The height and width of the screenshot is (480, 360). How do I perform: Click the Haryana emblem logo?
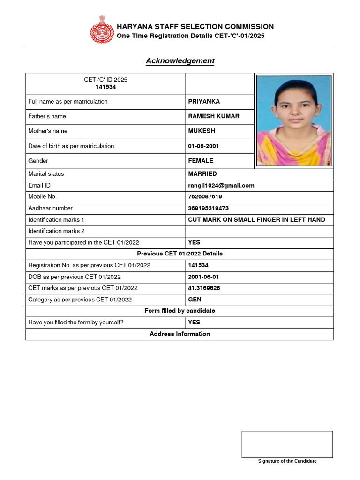pyautogui.click(x=102, y=30)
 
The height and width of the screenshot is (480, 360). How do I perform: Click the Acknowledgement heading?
pyautogui.click(x=180, y=61)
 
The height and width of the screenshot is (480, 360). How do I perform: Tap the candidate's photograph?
pyautogui.click(x=294, y=120)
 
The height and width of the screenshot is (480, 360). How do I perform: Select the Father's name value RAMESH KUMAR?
pyautogui.click(x=214, y=116)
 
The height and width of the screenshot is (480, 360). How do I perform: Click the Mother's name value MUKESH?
pyautogui.click(x=202, y=131)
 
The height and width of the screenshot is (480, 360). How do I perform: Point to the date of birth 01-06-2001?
pyautogui.click(x=203, y=146)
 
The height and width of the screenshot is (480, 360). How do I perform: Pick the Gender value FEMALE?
pyautogui.click(x=201, y=161)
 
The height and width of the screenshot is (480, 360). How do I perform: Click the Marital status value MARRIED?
pyautogui.click(x=202, y=174)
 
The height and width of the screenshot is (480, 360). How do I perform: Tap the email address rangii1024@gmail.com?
pyautogui.click(x=221, y=186)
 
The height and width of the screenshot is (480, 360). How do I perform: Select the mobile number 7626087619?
pyautogui.click(x=205, y=197)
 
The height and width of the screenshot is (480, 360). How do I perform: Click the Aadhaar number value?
pyautogui.click(x=209, y=208)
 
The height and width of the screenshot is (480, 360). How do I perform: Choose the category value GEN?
pyautogui.click(x=195, y=300)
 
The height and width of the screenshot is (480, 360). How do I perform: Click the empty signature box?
pyautogui.click(x=287, y=444)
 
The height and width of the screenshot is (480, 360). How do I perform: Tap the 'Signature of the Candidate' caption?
pyautogui.click(x=287, y=461)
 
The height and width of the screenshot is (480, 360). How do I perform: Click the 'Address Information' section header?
pyautogui.click(x=180, y=334)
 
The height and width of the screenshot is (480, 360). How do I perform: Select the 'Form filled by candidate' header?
pyautogui.click(x=180, y=311)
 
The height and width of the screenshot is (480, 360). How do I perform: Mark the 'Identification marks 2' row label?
pyautogui.click(x=56, y=231)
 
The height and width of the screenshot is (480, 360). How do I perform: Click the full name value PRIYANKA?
pyautogui.click(x=204, y=102)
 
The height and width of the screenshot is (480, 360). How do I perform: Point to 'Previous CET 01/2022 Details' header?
pyautogui.click(x=180, y=254)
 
